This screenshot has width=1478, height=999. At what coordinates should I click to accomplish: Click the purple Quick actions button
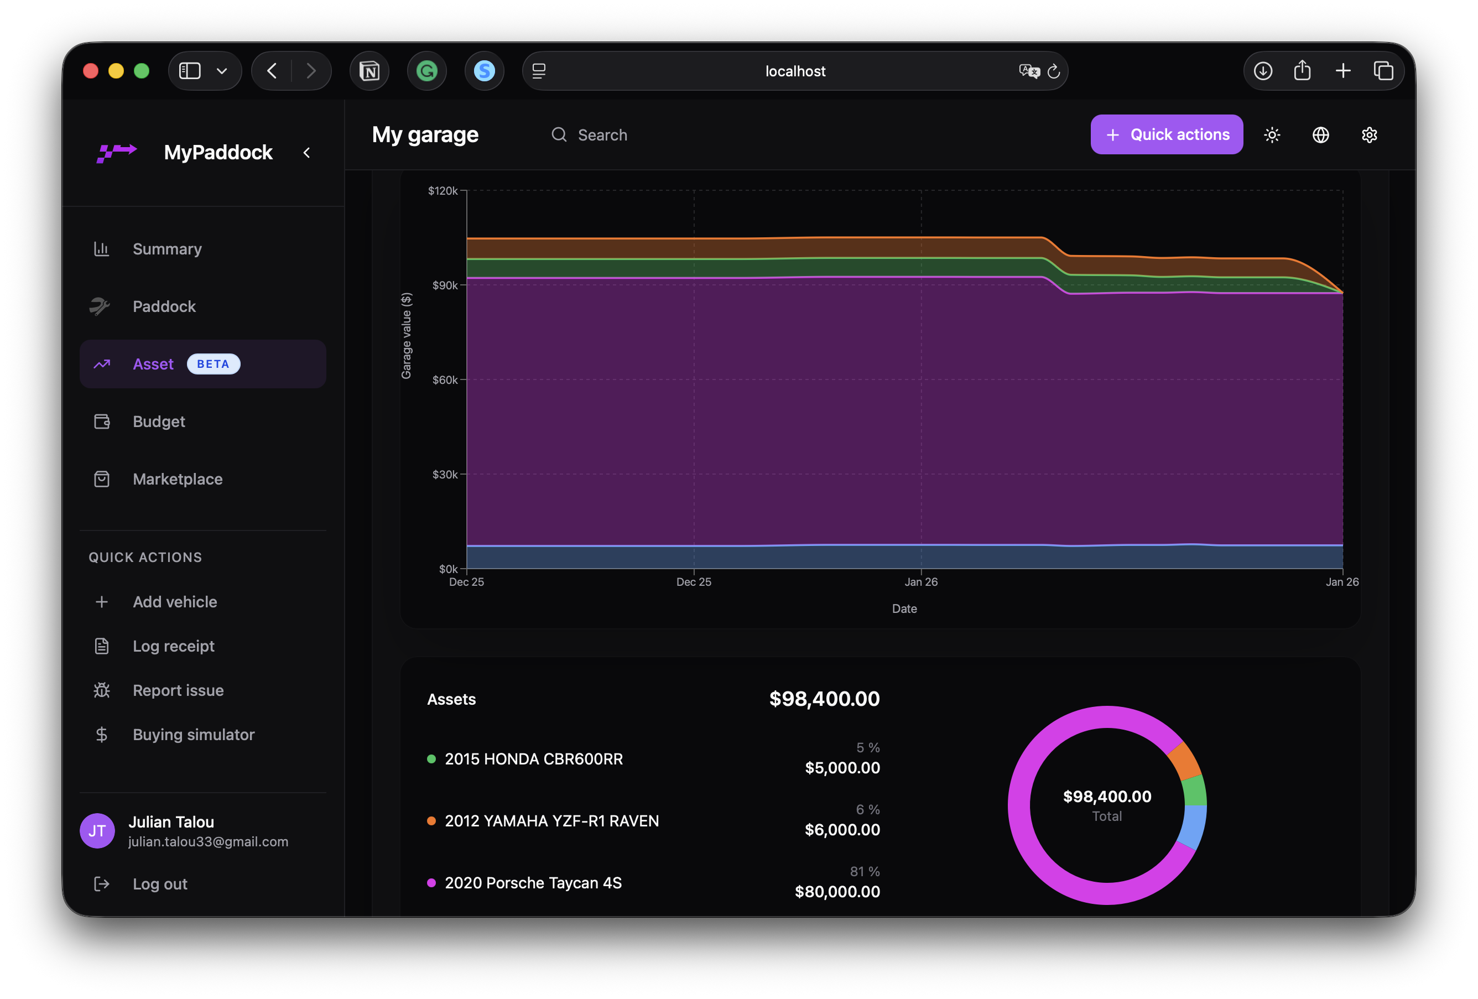tap(1167, 134)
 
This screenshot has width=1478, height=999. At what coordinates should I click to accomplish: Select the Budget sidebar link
tap(158, 421)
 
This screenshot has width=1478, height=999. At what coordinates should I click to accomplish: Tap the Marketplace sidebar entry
tap(178, 479)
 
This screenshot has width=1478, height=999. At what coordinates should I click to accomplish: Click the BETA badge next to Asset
tap(213, 364)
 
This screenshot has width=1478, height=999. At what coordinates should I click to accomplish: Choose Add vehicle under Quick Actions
tap(174, 602)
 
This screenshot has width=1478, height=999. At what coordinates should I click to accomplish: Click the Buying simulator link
tap(194, 735)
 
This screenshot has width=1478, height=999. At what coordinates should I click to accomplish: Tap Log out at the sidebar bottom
tap(160, 884)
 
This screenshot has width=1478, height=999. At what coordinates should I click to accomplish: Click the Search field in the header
tap(602, 135)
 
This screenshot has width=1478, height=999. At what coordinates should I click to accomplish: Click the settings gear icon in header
tap(1369, 135)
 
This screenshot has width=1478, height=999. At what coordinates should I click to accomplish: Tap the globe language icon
tap(1320, 135)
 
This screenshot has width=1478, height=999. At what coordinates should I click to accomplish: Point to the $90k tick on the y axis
tap(445, 285)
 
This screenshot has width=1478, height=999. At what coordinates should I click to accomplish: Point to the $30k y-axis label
tap(445, 475)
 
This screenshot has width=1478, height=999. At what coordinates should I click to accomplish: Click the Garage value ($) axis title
tap(407, 336)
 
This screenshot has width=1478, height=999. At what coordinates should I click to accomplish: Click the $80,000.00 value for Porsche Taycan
tap(837, 892)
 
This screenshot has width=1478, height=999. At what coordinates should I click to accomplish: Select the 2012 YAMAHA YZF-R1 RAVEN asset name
tap(551, 821)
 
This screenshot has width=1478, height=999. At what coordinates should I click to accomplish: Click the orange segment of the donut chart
tap(1184, 761)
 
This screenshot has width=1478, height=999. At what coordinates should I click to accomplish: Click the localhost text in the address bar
tap(795, 71)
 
